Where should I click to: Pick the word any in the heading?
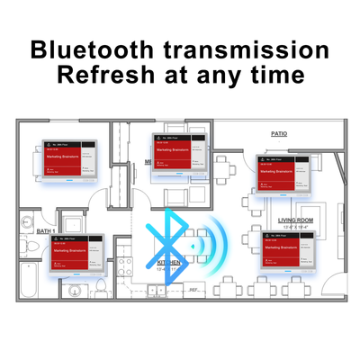coord(212,75)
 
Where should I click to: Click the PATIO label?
coord(278,133)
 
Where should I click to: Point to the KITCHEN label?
coord(166,262)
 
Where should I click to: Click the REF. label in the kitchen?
coord(193,289)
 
